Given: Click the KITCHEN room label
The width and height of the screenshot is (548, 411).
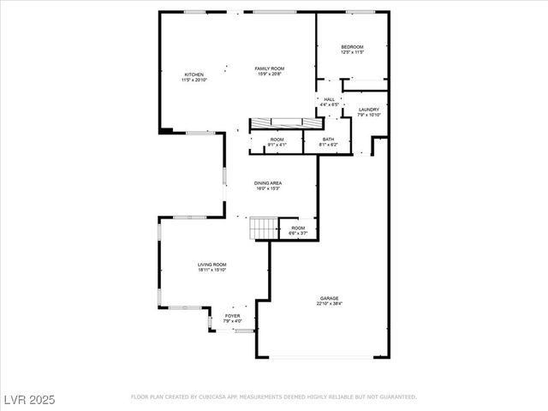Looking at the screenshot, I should pos(194,74).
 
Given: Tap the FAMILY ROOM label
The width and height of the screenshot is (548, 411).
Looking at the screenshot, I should pos(269,68).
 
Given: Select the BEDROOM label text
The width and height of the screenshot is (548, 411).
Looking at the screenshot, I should pos(352,47).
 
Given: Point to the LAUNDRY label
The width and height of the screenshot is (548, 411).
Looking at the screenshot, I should pos(368,110).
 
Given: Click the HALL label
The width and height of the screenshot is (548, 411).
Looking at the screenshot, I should pos(329,99).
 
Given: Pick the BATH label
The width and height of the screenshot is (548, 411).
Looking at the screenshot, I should pos(328,139).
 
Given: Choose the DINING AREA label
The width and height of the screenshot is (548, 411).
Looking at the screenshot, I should pos(267,182).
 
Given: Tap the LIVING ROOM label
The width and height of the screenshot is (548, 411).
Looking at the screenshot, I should pos(211,265).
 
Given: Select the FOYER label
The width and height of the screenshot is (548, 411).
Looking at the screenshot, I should pos(232,315).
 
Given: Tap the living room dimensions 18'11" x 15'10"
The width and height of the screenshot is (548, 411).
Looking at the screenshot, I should pos(211,271).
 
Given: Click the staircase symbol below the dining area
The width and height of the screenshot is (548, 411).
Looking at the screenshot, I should pos(264,228).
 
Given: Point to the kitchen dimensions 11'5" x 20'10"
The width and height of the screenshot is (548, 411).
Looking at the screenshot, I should pos(194,80).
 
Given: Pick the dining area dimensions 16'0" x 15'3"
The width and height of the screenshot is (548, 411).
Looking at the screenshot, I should pos(267,188).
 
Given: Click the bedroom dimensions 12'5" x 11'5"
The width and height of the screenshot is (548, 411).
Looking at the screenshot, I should pos(352,53).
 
